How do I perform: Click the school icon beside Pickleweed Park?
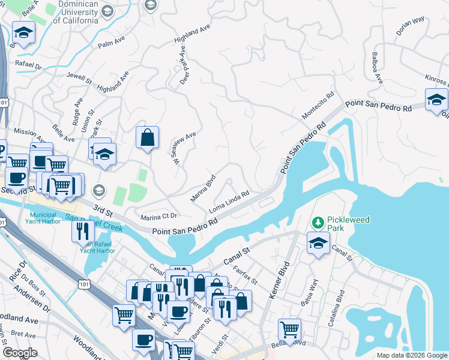click(318, 243)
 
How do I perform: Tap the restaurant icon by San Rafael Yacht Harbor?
click(83, 231)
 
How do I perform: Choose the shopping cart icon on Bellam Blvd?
click(289, 329)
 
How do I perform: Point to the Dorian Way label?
click(411, 27)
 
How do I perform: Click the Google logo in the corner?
click(20, 353)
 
